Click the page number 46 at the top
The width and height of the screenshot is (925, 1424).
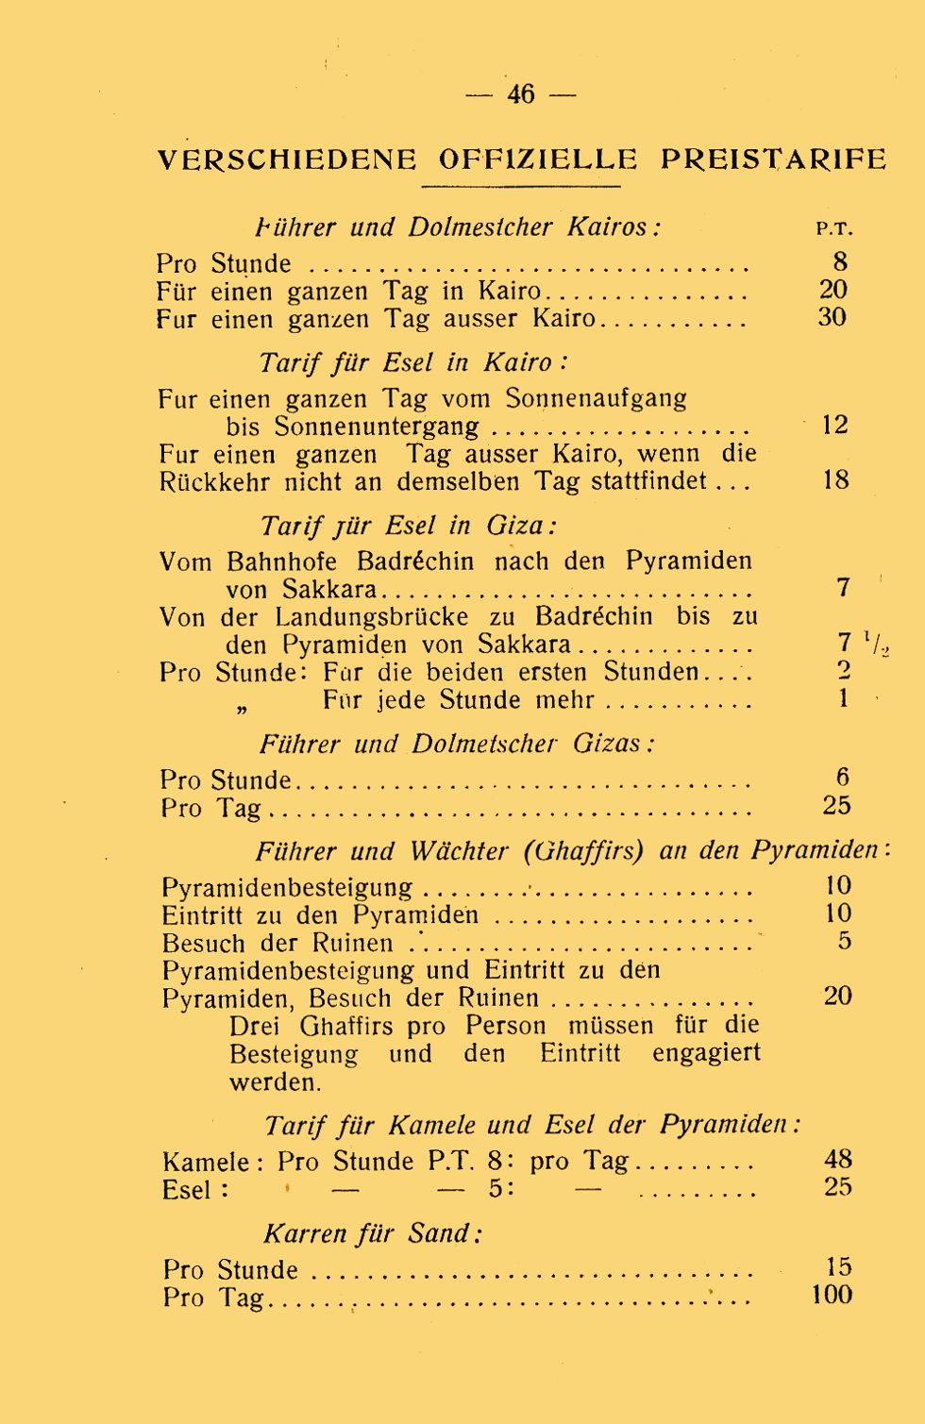521,94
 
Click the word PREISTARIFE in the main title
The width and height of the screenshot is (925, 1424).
773,159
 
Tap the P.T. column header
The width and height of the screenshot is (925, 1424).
833,229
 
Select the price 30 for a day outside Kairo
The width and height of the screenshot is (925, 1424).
832,317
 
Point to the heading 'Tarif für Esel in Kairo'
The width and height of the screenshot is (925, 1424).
413,363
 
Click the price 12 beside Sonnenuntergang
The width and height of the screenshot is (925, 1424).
835,425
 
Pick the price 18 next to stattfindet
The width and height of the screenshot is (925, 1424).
835,479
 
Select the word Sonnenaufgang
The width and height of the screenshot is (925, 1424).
596,398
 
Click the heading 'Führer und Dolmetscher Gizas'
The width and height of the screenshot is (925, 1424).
457,745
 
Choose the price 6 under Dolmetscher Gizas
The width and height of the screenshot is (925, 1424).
842,778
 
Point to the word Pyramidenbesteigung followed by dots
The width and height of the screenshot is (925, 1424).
287,888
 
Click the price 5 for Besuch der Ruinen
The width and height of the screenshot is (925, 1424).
844,941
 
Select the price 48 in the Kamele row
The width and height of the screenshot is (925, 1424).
837,1159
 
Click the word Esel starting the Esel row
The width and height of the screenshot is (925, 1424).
187,1190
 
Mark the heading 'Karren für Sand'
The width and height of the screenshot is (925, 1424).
373,1234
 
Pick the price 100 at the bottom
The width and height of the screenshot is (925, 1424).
832,1295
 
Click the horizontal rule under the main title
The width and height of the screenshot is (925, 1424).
520,187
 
